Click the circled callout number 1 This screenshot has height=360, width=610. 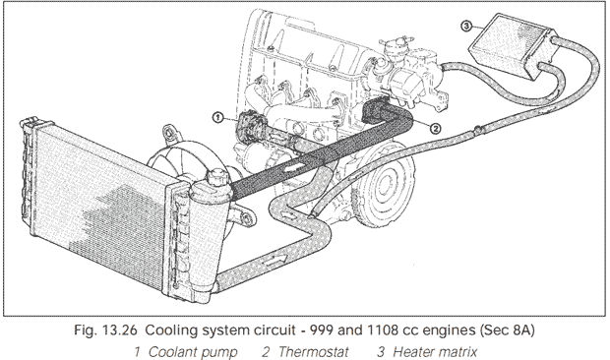click(x=218, y=117)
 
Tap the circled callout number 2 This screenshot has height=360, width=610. click(x=435, y=128)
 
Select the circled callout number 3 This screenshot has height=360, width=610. click(x=465, y=26)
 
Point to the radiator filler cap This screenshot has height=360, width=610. click(x=215, y=177)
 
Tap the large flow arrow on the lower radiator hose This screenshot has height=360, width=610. click(x=275, y=260)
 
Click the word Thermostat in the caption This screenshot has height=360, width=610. click(x=313, y=352)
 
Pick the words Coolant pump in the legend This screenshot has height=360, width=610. click(x=193, y=352)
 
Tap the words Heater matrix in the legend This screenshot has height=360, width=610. click(x=435, y=352)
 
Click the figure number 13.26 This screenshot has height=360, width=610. click(x=120, y=330)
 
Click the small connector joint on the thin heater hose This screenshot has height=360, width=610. click(x=477, y=130)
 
